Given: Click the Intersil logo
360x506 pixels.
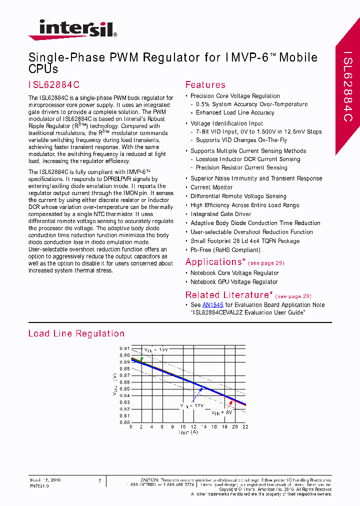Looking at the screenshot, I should [73, 29].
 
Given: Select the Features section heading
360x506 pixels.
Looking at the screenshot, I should [205, 85].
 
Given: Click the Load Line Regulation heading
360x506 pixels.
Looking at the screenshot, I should [76, 333].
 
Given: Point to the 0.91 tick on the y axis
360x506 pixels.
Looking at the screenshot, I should [124, 348].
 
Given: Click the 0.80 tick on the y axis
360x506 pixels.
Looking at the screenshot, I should [124, 422].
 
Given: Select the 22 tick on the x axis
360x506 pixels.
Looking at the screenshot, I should [245, 426].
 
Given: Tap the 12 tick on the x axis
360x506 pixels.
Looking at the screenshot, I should [193, 426].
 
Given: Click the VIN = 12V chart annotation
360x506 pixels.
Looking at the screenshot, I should [192, 406].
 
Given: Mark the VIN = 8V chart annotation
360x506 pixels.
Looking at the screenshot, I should [222, 413].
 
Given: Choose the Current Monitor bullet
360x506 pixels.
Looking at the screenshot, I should [211, 187].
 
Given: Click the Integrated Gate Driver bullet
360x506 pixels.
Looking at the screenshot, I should [220, 214].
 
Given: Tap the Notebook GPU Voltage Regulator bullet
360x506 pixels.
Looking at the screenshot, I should [234, 281].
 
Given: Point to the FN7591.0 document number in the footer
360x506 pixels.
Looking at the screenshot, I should [39, 485].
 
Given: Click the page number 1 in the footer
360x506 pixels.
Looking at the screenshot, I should [100, 481].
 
